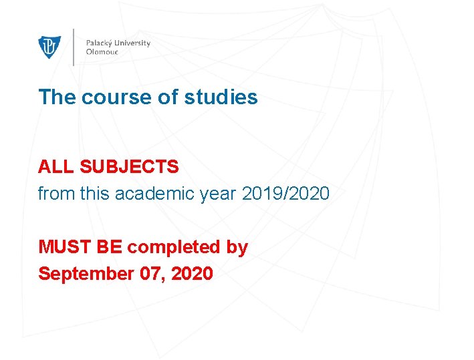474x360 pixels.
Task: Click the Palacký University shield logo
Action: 49,47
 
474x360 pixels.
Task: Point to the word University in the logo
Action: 133,43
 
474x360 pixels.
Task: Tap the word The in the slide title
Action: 57,98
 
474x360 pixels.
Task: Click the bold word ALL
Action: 52,167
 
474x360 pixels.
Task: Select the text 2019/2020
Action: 285,194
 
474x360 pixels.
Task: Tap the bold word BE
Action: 110,247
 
